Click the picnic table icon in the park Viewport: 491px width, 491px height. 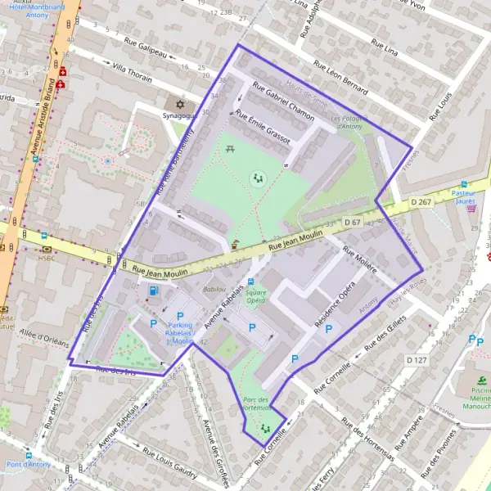click(231, 150)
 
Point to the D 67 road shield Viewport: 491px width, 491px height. click(353, 222)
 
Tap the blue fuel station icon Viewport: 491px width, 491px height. click(151, 291)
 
